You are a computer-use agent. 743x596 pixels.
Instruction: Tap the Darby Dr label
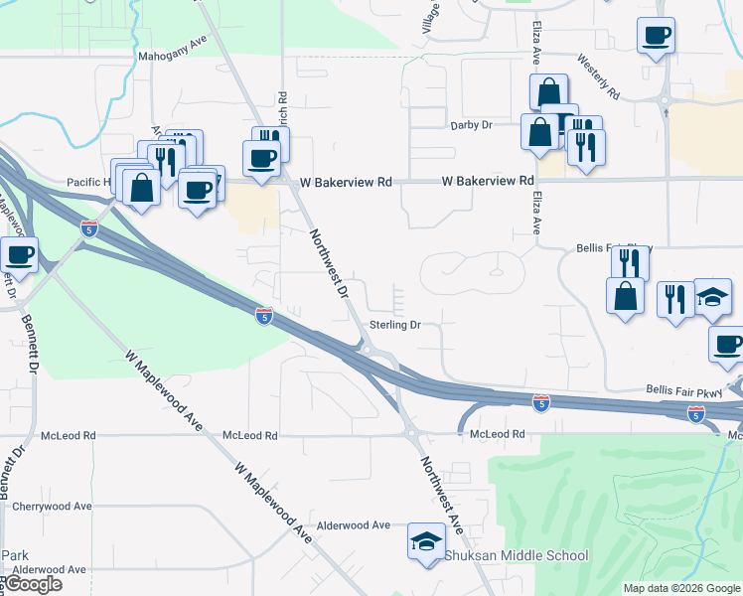(472, 125)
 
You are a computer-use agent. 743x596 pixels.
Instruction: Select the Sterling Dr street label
(395, 325)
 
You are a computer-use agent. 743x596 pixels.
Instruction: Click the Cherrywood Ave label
(53, 506)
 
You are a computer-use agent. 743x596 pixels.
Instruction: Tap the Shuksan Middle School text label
(516, 556)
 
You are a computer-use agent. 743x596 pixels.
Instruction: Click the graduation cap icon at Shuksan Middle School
(425, 541)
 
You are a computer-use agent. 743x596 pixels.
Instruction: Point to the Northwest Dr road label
(330, 263)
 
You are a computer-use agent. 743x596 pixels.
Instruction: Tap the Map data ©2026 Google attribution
(681, 588)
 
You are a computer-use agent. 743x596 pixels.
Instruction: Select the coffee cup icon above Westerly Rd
(655, 37)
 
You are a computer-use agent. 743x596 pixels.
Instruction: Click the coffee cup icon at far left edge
(19, 255)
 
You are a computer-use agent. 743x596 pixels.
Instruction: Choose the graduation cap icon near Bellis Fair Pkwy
(711, 296)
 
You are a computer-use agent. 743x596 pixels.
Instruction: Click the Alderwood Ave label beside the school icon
(354, 524)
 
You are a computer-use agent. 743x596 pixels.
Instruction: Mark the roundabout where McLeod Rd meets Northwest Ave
(409, 431)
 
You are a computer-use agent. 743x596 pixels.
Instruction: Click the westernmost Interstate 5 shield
(89, 228)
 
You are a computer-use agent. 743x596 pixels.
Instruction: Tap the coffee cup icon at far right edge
(726, 344)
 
